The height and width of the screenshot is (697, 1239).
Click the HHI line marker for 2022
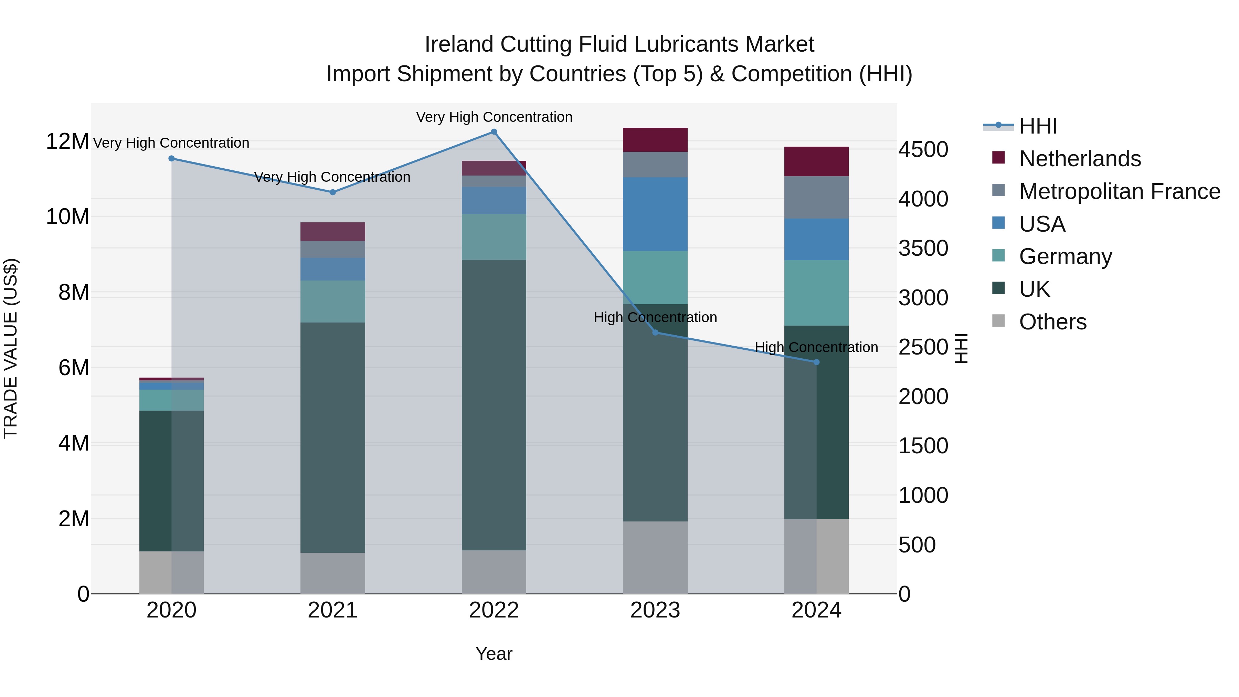(x=494, y=132)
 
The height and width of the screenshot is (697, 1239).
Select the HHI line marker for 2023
(x=655, y=332)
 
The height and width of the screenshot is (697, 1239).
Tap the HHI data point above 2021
(x=332, y=192)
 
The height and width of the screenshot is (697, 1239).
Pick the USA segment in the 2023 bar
(x=655, y=214)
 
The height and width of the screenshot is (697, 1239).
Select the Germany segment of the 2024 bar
(x=816, y=293)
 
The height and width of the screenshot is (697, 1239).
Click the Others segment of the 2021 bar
(x=332, y=573)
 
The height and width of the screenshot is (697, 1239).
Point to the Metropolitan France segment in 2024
(x=816, y=198)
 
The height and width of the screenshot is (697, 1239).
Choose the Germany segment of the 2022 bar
(x=494, y=237)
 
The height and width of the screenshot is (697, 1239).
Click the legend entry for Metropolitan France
(x=1119, y=191)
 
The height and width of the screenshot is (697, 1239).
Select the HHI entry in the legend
(x=1038, y=126)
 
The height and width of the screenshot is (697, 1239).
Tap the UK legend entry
(x=1034, y=289)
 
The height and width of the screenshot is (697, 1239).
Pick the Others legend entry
(x=1052, y=322)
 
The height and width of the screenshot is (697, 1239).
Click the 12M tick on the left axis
(x=67, y=141)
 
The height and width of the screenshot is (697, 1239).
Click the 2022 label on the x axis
(x=494, y=610)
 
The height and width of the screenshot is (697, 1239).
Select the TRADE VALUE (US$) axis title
(x=11, y=348)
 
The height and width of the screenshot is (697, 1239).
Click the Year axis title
(x=494, y=654)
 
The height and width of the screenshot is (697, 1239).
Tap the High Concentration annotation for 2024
(x=816, y=347)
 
